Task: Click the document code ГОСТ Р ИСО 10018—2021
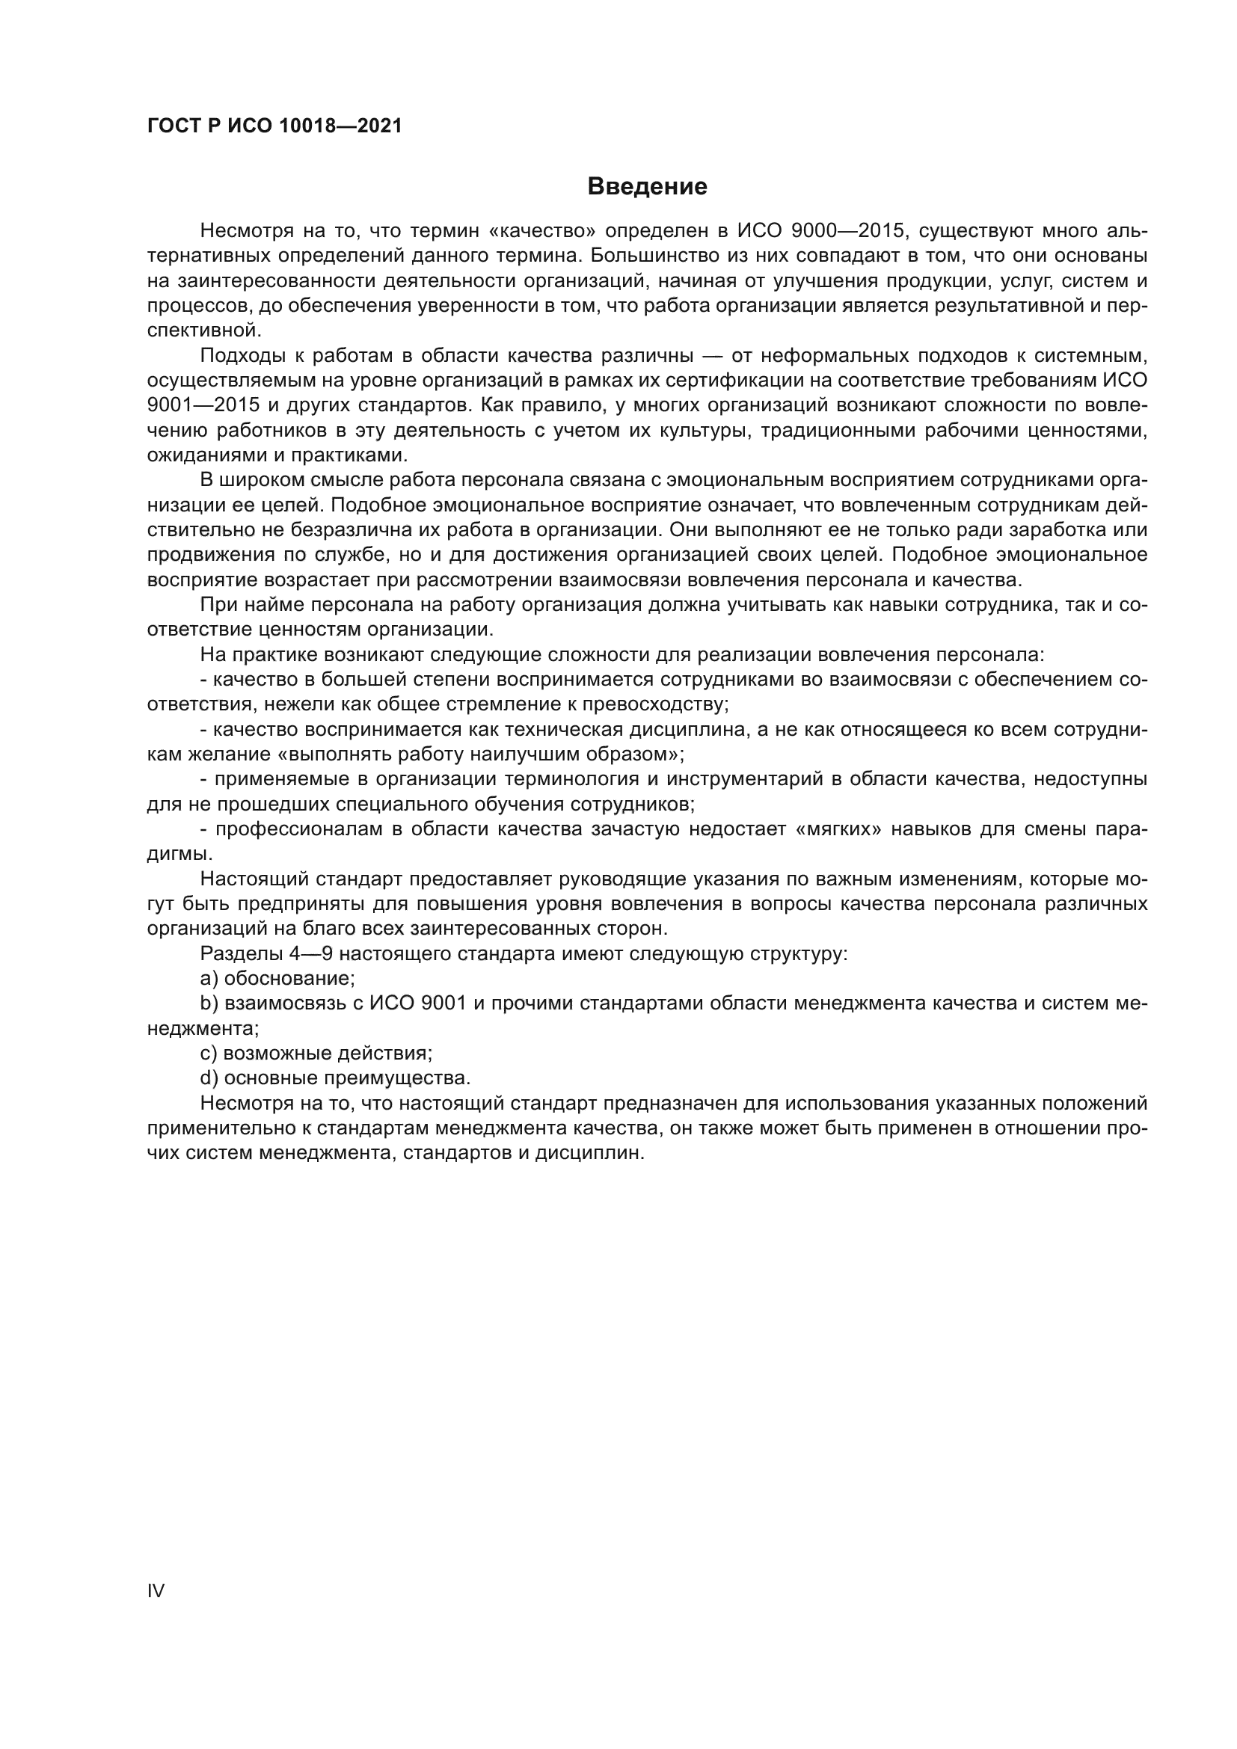(x=274, y=126)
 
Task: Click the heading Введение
(x=648, y=187)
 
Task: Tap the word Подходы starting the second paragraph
(x=239, y=356)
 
